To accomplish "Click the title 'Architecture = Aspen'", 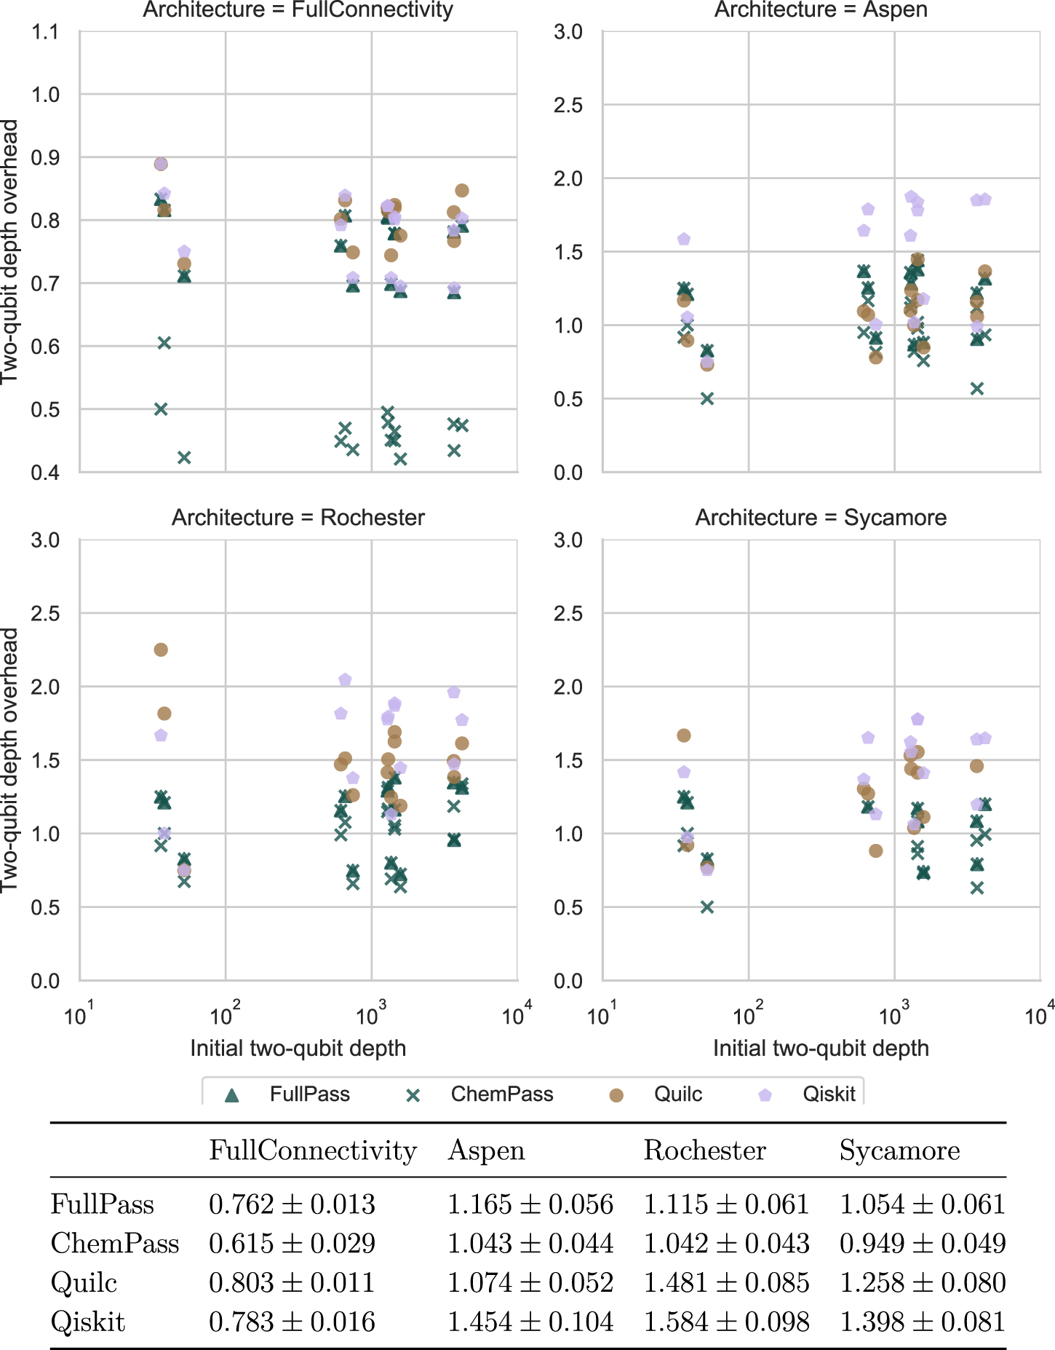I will tap(821, 10).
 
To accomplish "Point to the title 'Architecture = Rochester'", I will tap(298, 518).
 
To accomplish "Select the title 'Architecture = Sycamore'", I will tap(821, 518).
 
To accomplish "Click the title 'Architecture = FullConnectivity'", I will tap(298, 10).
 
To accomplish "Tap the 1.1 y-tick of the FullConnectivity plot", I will tap(45, 32).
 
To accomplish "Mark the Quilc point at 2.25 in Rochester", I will tap(161, 650).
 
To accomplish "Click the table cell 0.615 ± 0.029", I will tap(292, 1244).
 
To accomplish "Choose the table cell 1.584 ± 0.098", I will tap(726, 1322).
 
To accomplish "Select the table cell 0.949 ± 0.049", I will tap(923, 1244).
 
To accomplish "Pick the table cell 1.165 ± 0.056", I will tap(530, 1205).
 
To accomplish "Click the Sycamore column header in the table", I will tap(899, 1150).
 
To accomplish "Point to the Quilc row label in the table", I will tap(84, 1283).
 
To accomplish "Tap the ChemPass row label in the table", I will tap(115, 1244).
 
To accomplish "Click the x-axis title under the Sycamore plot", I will tap(821, 1049).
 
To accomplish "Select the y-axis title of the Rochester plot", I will tap(10, 760).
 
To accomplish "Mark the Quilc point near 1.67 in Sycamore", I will tap(684, 735).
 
